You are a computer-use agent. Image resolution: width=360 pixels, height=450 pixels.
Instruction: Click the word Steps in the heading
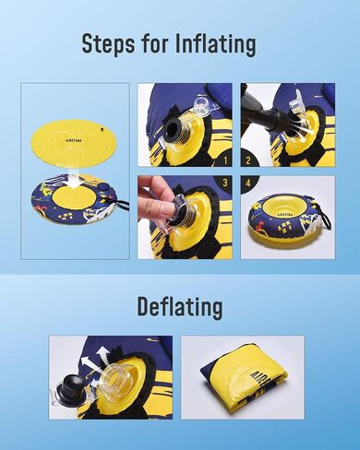click(108, 44)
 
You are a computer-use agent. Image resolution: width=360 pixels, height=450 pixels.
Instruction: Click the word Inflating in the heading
click(216, 44)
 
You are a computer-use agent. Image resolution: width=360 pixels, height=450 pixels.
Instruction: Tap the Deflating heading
click(180, 307)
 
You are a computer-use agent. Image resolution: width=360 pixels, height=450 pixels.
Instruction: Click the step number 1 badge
click(225, 160)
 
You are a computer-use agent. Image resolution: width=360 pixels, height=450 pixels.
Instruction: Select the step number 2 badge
click(248, 160)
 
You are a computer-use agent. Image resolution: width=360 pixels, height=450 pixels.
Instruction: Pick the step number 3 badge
click(225, 184)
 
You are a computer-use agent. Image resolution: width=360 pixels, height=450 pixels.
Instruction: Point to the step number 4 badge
click(248, 184)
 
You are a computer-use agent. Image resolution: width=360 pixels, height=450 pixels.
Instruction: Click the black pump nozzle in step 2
click(261, 114)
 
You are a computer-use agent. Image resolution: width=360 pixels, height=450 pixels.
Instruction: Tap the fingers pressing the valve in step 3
click(155, 198)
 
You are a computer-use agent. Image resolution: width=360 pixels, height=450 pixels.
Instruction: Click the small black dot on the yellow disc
click(102, 129)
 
